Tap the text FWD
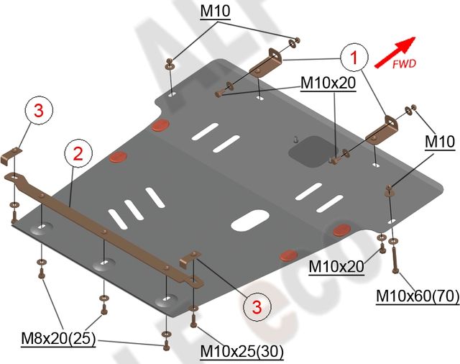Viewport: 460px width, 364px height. (404, 64)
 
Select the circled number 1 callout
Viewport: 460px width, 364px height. (354, 56)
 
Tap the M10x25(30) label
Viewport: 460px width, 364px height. (242, 351)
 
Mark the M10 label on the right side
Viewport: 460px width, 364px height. (438, 143)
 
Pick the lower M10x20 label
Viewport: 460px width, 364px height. (336, 267)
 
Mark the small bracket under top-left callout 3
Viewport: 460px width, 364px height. (12, 153)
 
